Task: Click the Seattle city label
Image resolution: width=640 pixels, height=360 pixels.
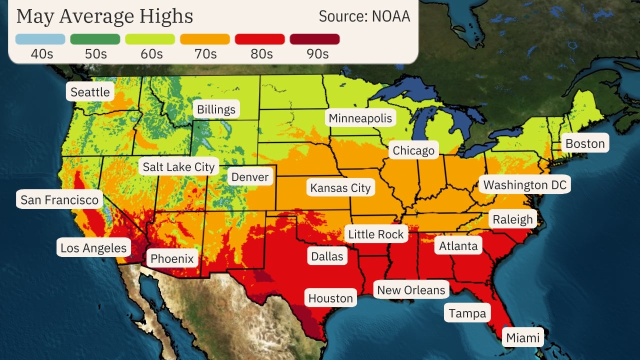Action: [x=90, y=92]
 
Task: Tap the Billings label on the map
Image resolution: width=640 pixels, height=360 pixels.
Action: [x=216, y=109]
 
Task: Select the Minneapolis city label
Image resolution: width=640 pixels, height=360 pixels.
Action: [x=360, y=118]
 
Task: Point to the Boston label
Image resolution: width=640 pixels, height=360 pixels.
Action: [x=585, y=144]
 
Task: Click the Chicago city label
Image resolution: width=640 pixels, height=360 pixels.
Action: [x=413, y=150]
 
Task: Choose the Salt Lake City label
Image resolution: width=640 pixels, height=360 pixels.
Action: [x=178, y=166]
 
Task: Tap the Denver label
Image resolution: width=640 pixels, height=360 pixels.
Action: [x=250, y=177]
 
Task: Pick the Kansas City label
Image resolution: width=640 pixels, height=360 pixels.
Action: [x=340, y=188]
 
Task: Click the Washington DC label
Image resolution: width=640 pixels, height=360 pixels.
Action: [x=525, y=185]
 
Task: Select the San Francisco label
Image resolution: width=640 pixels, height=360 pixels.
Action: [x=59, y=200]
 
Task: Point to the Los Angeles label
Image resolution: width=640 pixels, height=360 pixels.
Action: [x=93, y=247]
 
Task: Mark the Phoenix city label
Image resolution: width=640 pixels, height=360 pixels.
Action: [x=172, y=258]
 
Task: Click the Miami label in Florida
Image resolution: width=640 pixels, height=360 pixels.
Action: [x=523, y=337]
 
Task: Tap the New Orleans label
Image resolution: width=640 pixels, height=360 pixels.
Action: [x=411, y=290]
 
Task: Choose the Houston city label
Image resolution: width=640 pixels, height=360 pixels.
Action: [x=330, y=298]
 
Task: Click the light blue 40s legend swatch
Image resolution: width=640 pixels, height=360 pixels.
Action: [x=40, y=39]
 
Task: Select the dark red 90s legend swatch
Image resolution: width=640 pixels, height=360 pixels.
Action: [x=314, y=39]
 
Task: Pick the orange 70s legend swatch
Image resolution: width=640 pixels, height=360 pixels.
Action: [x=204, y=39]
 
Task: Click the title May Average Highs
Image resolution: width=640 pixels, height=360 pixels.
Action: [x=104, y=16]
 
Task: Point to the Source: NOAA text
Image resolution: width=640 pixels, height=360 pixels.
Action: [x=364, y=16]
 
